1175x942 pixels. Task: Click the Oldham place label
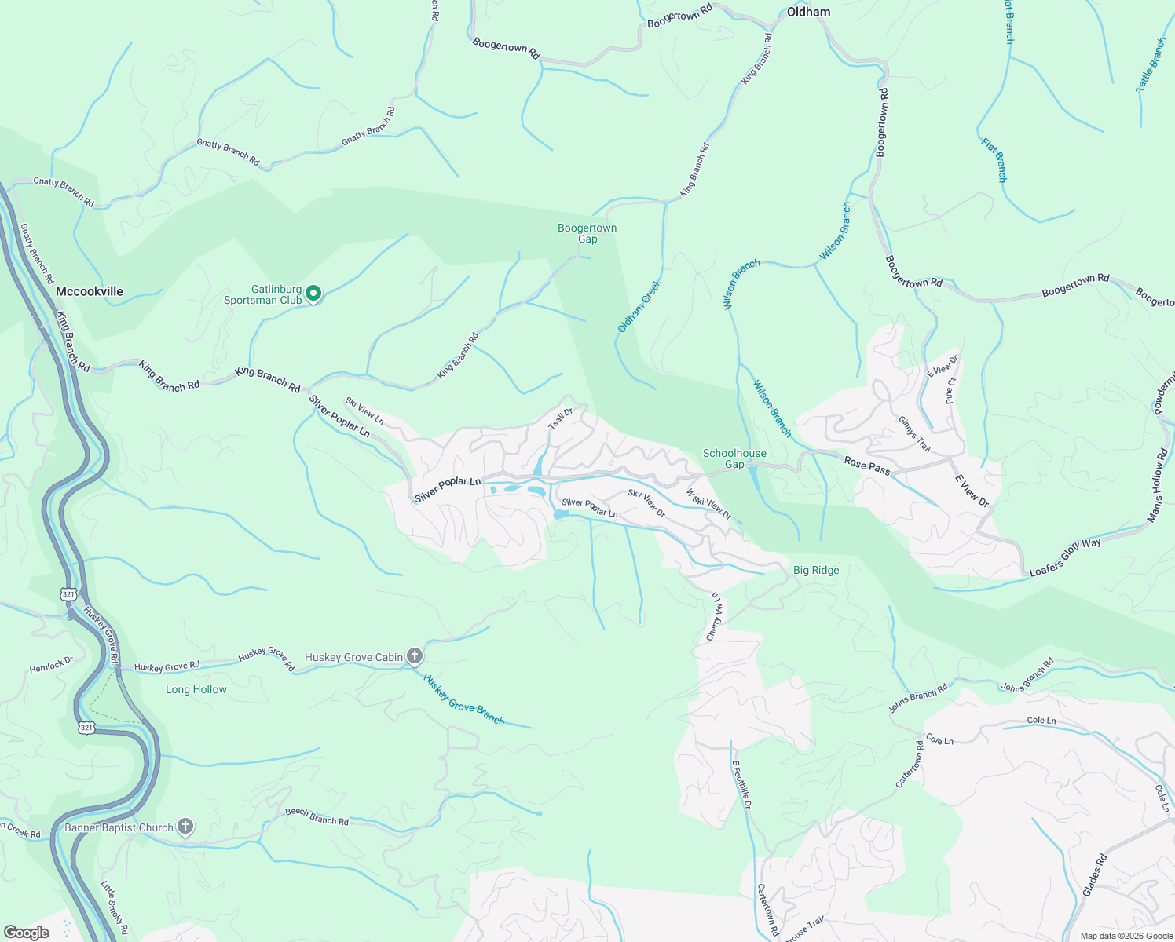pos(808,12)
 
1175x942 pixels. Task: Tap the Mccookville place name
pos(90,291)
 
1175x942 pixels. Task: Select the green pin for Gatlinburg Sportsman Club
pos(313,294)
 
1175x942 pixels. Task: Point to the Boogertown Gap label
pos(587,234)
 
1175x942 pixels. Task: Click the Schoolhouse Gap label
pos(734,458)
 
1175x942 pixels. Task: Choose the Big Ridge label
pos(816,571)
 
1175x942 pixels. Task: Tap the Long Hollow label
pos(196,690)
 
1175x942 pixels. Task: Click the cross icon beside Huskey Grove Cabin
pos(415,656)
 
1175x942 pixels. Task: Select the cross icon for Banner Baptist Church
pos(185,827)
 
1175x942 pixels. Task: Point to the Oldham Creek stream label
pos(639,306)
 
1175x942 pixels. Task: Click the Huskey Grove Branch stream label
pos(464,699)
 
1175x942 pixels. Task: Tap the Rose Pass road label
pos(867,466)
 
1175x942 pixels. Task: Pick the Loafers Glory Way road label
pos(1065,557)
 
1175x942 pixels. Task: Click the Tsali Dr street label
pos(560,418)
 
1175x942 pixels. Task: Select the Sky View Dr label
pos(646,504)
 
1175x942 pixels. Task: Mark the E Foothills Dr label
pos(742,784)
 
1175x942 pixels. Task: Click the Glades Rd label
pos(1095,874)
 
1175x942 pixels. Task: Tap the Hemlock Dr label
pos(51,666)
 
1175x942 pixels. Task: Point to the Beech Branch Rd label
pos(317,816)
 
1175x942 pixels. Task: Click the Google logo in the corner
pos(27,932)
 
